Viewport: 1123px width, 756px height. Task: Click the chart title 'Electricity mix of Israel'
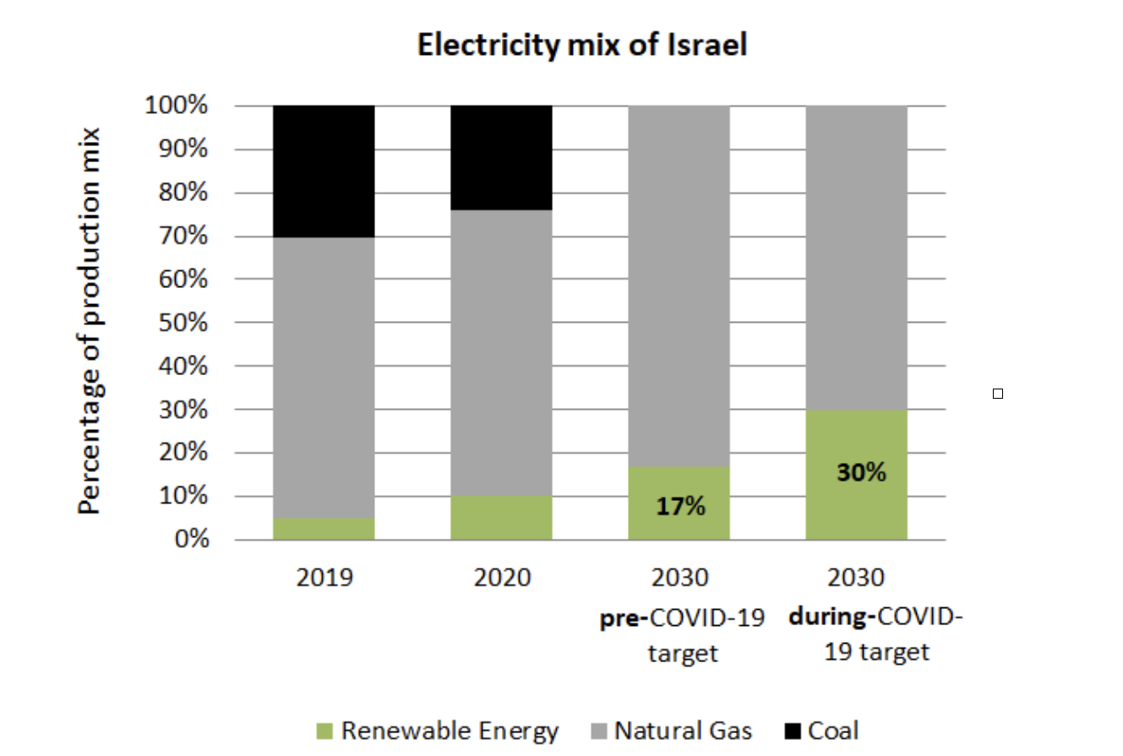582,46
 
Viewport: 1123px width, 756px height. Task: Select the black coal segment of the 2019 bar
324,171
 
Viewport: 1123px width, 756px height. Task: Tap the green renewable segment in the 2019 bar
324,529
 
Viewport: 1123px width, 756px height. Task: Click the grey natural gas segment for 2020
501,353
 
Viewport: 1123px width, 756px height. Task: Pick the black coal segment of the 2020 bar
501,158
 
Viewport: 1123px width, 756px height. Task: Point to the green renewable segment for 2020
501,517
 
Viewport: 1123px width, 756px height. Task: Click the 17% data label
680,507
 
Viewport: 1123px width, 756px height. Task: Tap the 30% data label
861,473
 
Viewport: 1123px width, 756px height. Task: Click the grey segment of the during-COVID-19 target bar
856,258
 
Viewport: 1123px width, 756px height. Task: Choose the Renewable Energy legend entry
440,731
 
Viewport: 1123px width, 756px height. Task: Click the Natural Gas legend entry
672,731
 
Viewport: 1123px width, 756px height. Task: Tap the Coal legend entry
823,731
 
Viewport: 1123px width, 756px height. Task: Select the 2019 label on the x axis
324,579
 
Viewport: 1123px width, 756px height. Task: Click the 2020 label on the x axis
501,579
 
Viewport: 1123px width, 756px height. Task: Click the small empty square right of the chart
998,394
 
